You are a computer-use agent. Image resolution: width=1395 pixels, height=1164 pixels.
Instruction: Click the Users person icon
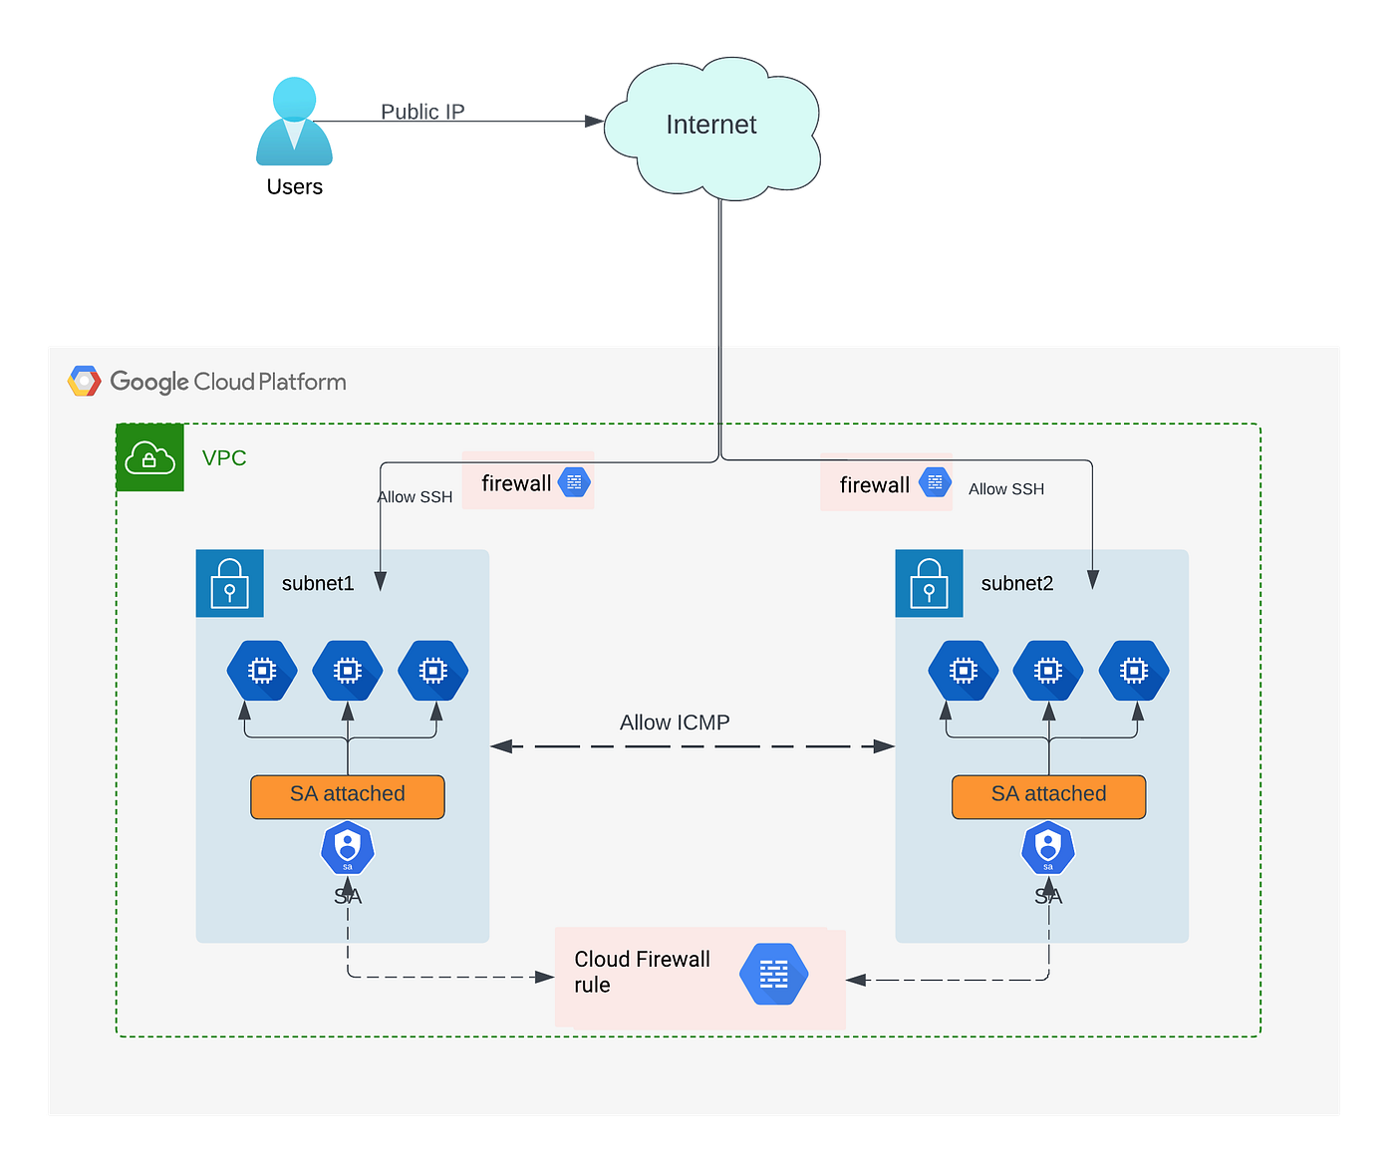coord(294,121)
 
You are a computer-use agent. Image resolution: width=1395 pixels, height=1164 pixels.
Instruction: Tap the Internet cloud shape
coord(712,129)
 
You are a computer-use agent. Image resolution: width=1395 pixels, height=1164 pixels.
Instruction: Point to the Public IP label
coord(422,111)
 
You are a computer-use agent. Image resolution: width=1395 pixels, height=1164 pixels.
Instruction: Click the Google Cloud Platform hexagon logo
coord(84,381)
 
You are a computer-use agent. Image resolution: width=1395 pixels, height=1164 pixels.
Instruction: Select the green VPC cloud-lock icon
coord(149,457)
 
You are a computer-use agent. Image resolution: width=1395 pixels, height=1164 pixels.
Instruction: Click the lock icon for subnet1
coord(229,583)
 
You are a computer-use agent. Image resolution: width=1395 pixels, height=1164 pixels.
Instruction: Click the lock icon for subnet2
coord(929,583)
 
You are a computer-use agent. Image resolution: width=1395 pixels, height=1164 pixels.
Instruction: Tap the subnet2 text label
coord(1016,583)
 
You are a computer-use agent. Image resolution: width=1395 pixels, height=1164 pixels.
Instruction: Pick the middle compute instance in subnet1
coord(348,671)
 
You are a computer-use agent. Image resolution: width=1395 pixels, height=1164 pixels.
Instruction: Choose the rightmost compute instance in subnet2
coord(1134,671)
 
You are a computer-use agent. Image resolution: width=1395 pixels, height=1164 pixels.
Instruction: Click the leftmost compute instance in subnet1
coord(262,671)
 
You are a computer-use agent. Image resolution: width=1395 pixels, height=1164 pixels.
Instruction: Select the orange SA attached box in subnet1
coord(348,796)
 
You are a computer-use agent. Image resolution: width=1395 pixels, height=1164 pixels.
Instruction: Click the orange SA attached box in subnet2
coord(1048,796)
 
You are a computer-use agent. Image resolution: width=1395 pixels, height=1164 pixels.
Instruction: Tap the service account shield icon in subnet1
coord(348,847)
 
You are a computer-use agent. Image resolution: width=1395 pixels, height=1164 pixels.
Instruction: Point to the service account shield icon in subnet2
coord(1047,847)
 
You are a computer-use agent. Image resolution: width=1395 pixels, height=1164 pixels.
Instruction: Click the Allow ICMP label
coord(675,723)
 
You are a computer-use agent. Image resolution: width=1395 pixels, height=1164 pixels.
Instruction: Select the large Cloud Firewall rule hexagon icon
coord(773,974)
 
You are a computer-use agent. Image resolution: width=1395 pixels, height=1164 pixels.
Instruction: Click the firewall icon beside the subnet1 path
coord(574,481)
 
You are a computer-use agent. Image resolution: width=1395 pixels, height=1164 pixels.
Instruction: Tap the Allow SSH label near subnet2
coord(1006,489)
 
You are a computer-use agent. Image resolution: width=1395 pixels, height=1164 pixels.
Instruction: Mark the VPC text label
coord(224,457)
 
